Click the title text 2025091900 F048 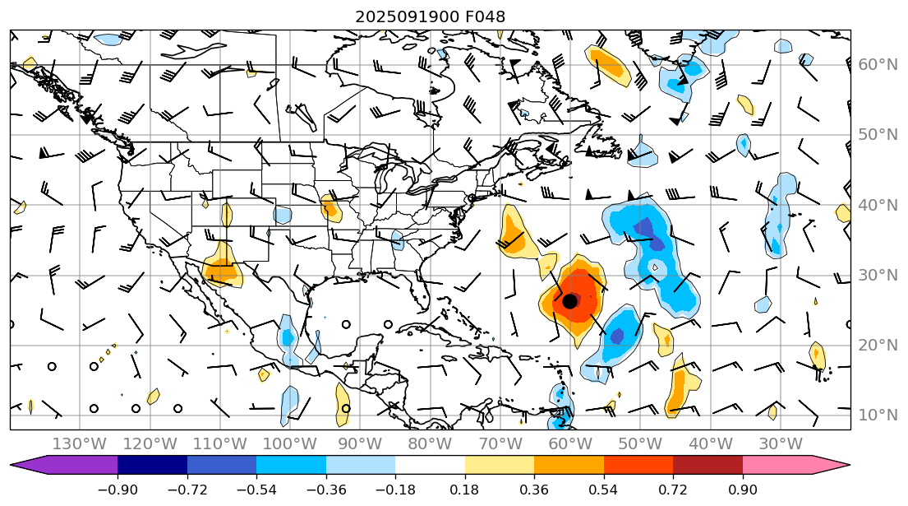[x=430, y=16]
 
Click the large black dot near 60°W [x=569, y=301]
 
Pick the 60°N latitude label [x=878, y=64]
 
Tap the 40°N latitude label [x=878, y=205]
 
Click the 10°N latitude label [x=878, y=415]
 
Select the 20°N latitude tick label [x=878, y=345]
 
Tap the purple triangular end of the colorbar [x=28, y=465]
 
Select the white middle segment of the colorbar [x=430, y=465]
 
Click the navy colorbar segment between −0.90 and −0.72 [x=152, y=465]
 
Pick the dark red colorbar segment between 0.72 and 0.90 [x=708, y=465]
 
